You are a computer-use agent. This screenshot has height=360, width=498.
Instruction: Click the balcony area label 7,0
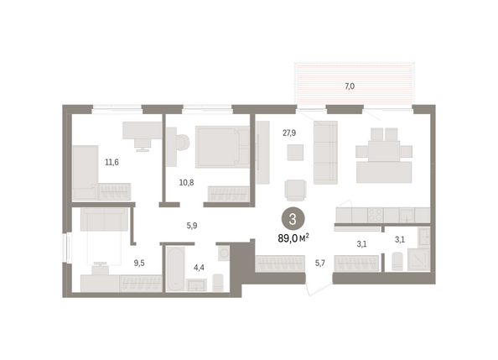coord(350,86)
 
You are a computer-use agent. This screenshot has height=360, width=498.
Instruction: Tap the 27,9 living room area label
coord(289,133)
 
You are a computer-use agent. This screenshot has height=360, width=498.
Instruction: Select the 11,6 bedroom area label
coord(112,162)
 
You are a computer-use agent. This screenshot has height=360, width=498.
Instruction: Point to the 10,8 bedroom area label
coord(186,183)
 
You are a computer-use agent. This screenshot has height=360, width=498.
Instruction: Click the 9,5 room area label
coord(139,263)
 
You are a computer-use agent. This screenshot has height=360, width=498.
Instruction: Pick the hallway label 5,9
coord(192,226)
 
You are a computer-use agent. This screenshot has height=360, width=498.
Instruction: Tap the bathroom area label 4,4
coord(199,268)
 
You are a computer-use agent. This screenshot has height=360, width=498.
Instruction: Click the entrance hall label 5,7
coord(319,263)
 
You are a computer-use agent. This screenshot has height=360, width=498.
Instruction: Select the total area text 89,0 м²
coord(293,237)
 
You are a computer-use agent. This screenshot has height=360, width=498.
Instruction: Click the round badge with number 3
coord(293,219)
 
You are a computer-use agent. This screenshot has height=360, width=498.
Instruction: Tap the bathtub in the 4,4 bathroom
coord(175,269)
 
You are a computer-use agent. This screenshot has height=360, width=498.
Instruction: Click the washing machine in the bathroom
coord(224,253)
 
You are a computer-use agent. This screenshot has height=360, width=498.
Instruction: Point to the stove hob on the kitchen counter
coord(376,215)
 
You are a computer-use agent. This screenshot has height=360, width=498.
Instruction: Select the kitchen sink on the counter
coord(407,215)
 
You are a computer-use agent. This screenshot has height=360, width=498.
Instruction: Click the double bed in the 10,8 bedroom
coord(222,147)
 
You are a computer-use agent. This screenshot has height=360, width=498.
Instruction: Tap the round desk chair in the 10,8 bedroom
coord(182,143)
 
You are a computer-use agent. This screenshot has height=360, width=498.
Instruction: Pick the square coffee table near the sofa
coord(295,153)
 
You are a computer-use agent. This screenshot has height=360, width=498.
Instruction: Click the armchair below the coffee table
coord(296,190)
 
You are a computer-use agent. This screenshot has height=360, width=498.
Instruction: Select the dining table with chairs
coord(384,150)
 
